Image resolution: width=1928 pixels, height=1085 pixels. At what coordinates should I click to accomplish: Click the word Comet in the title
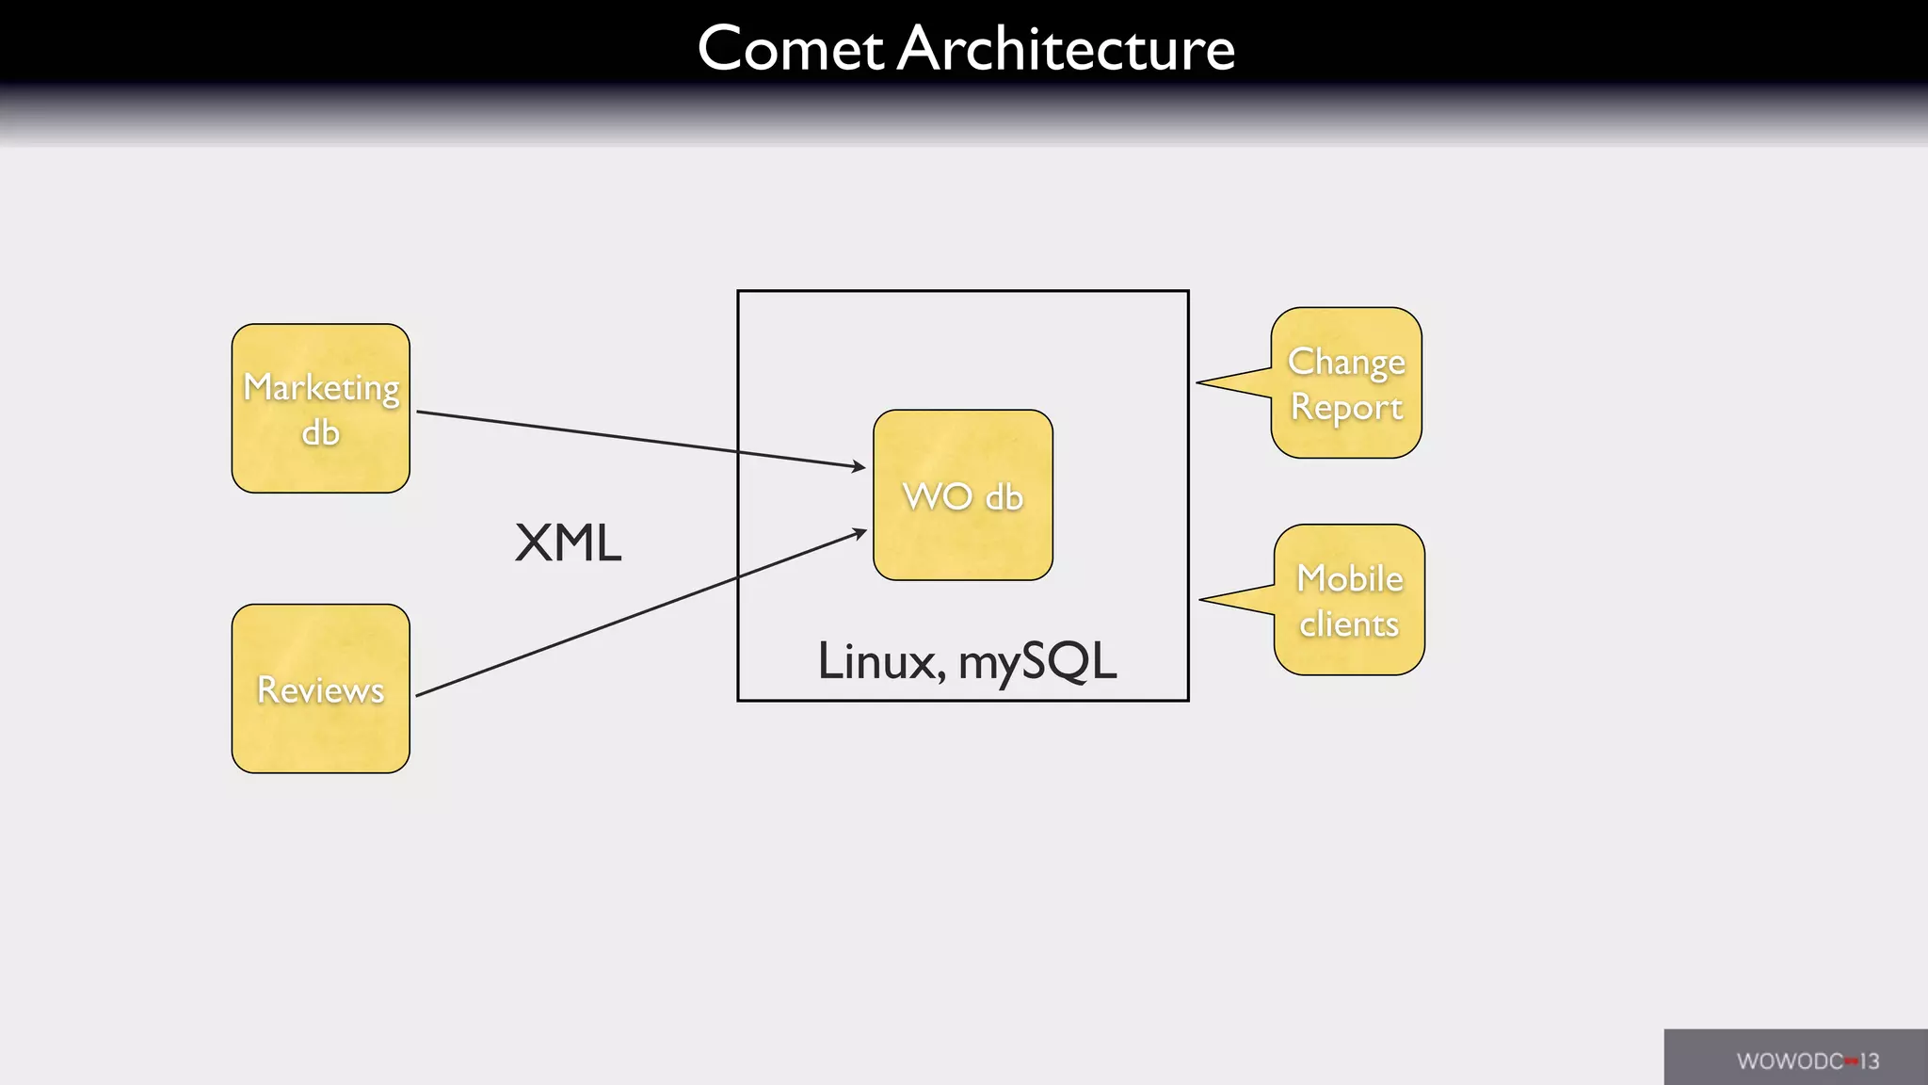point(790,48)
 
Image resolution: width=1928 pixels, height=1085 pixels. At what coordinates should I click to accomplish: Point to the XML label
point(568,543)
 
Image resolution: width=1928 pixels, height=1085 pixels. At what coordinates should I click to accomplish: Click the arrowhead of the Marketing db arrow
point(859,466)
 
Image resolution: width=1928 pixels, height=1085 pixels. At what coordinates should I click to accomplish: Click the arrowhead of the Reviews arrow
point(860,533)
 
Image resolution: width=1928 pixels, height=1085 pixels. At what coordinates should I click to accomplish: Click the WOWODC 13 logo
point(1807,1061)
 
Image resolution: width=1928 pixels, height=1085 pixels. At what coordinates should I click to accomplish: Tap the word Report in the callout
point(1346,407)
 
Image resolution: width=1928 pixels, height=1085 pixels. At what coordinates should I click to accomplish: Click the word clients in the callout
point(1349,624)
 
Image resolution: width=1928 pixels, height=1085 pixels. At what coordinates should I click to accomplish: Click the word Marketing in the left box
point(321,387)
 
